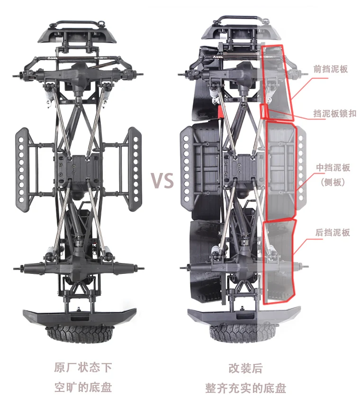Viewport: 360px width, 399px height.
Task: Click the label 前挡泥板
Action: click(331, 69)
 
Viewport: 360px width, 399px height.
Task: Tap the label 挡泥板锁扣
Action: click(334, 114)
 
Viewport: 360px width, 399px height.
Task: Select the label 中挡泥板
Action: click(333, 168)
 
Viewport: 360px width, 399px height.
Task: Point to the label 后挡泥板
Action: click(333, 233)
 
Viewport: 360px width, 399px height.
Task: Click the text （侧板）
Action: click(333, 182)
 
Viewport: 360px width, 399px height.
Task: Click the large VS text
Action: click(162, 181)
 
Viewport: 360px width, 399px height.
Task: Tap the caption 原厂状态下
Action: click(83, 368)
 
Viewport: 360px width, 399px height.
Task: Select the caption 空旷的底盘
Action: click(83, 387)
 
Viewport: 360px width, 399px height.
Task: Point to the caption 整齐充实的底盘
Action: click(245, 388)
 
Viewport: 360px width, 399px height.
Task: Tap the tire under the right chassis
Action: click(245, 333)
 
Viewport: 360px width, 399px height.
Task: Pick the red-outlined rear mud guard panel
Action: click(279, 261)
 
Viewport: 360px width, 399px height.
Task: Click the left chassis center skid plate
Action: click(78, 168)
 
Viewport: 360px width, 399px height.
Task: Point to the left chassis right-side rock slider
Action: click(134, 168)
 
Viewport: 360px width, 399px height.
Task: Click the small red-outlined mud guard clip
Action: click(265, 112)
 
